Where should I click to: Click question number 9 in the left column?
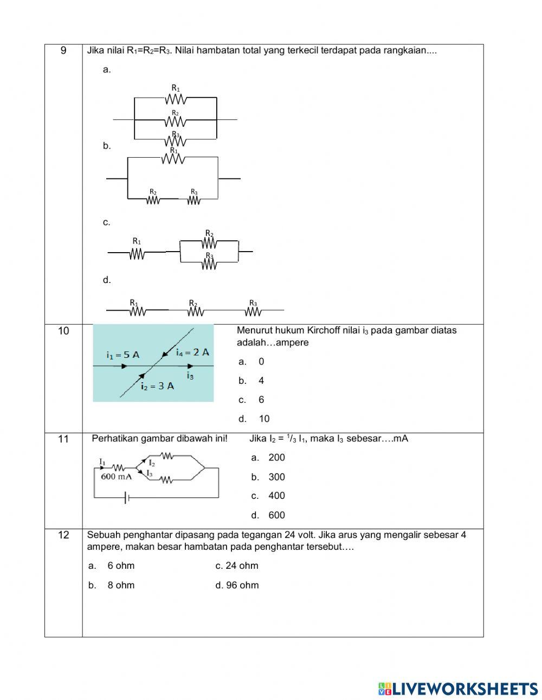tap(63, 51)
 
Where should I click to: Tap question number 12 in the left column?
tap(63, 535)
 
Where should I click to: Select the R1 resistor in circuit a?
tap(176, 99)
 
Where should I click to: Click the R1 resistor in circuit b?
tap(173, 159)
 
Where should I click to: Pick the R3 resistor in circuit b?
tap(194, 200)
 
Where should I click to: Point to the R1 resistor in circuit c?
tap(137, 253)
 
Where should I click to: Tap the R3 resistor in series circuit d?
tap(253, 311)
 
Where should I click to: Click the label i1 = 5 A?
tap(122, 355)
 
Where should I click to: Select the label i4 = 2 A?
tap(192, 352)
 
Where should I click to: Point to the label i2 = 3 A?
tap(157, 386)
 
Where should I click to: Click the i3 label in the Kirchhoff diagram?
tap(190, 375)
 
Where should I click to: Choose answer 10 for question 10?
tap(264, 419)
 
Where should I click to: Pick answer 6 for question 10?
tap(261, 400)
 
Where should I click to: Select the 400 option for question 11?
tap(276, 496)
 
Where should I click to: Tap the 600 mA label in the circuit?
tap(117, 477)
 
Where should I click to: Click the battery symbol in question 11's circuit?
tap(127, 497)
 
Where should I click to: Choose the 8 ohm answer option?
tap(121, 585)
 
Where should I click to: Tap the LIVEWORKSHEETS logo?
tap(458, 688)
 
